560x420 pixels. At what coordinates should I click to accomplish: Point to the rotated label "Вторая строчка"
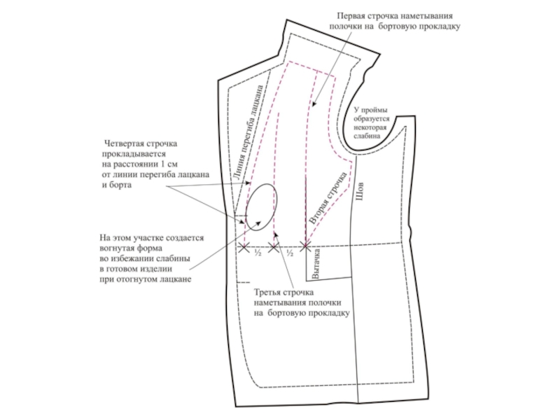coord(329,197)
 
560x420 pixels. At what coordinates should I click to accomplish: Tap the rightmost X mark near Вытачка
coord(305,246)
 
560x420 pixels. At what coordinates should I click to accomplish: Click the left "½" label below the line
coord(258,253)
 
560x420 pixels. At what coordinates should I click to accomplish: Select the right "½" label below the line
coord(290,253)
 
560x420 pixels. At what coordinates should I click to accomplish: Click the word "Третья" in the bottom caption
coord(268,292)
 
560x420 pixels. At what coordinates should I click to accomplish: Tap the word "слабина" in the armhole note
coord(367,136)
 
